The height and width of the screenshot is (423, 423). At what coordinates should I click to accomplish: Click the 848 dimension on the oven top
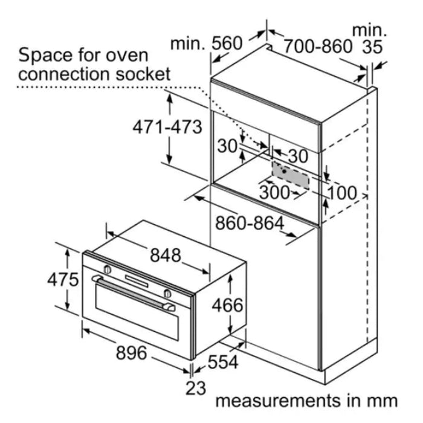(166, 255)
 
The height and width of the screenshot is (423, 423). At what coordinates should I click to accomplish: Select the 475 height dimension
(63, 279)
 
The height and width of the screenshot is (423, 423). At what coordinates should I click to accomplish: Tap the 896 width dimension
(132, 352)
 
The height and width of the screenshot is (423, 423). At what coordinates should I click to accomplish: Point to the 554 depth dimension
(223, 362)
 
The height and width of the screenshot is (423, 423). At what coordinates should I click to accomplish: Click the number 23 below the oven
(196, 388)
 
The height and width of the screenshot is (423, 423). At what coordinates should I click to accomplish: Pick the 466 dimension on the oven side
(227, 305)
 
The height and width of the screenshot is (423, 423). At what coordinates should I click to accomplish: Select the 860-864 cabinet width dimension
(250, 223)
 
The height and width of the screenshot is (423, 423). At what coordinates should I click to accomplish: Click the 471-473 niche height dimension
(167, 127)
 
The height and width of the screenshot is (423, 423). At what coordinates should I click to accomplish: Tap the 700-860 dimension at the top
(318, 46)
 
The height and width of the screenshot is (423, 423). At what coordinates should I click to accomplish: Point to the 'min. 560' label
(207, 44)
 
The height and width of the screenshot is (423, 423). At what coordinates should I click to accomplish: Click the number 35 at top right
(372, 47)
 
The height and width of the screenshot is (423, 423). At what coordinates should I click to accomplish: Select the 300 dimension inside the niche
(274, 192)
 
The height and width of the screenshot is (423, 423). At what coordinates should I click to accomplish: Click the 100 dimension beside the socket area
(342, 193)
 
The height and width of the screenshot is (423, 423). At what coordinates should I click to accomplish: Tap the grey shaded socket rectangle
(291, 175)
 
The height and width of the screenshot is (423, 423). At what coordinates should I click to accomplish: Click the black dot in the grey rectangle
(285, 171)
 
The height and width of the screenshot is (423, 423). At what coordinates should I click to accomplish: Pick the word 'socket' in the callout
(143, 74)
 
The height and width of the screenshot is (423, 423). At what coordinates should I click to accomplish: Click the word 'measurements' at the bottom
(278, 401)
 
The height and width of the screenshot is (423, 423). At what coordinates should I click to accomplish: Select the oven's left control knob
(108, 269)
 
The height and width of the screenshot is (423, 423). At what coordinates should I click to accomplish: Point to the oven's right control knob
(167, 293)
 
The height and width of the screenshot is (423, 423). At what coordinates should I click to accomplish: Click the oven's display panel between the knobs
(137, 281)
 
